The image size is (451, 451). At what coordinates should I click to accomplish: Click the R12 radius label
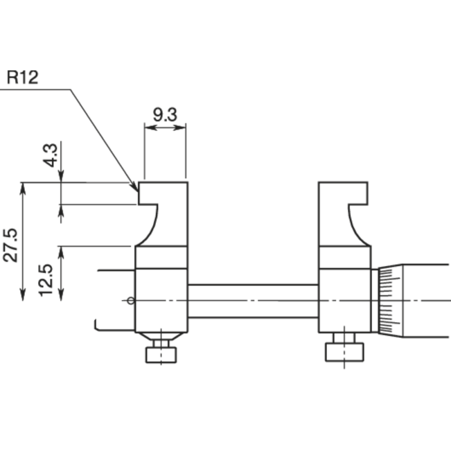pos(23,77)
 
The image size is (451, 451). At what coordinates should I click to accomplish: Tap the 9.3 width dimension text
pos(165,115)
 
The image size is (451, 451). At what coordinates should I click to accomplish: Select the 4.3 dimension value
pos(50,154)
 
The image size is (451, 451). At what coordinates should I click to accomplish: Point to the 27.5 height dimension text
pos(11,245)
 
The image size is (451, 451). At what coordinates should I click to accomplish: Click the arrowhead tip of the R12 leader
pos(137,190)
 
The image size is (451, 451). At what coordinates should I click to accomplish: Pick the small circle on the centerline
pos(131,300)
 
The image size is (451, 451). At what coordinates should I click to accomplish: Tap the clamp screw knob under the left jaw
pos(161,355)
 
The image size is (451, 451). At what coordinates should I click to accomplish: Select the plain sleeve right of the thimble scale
pos(428,300)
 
